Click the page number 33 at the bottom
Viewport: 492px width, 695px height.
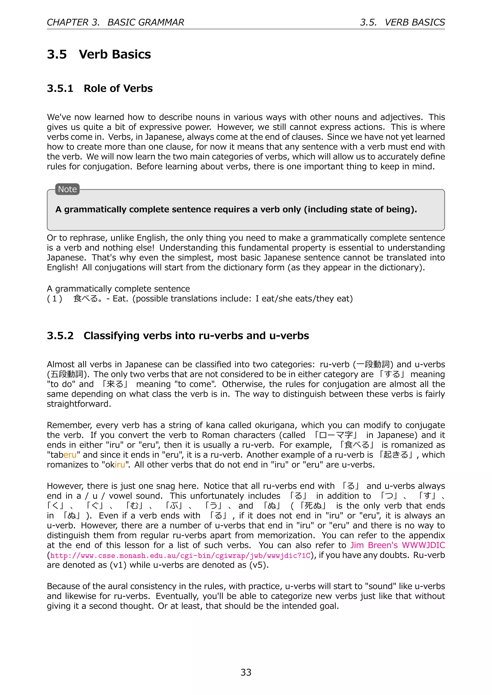coord(246,672)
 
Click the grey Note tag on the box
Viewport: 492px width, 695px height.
coord(67,189)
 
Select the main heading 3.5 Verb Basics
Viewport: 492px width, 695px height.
coord(99,54)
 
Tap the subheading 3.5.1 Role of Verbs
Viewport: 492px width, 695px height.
coord(100,88)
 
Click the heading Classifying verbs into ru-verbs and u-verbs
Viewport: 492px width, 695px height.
coord(196,336)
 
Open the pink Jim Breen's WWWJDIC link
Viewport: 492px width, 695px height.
coord(398,545)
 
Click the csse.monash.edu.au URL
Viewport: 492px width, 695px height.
coord(180,556)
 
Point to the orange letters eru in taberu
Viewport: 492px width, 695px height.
coord(70,455)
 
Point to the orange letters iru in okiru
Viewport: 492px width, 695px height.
coord(120,465)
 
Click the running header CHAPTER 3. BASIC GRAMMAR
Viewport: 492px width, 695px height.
coord(115,22)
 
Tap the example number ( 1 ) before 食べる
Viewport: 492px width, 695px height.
coord(55,299)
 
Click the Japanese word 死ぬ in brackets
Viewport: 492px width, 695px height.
coord(313,506)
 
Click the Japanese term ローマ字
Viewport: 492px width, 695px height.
coord(336,435)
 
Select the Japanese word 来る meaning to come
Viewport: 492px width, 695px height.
coord(115,384)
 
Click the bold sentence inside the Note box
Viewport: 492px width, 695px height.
coord(236,210)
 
